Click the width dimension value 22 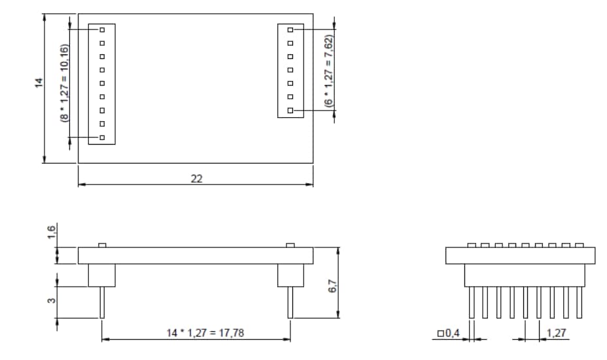pos(197,179)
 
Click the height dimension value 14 pos(39,82)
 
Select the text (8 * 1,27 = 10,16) pos(65,83)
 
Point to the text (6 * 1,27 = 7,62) pos(328,71)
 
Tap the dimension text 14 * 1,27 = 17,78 pos(205,333)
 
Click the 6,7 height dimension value pos(332,286)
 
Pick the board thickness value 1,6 pos(52,232)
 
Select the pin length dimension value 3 pos(52,300)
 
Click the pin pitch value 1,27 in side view pos(556,333)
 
